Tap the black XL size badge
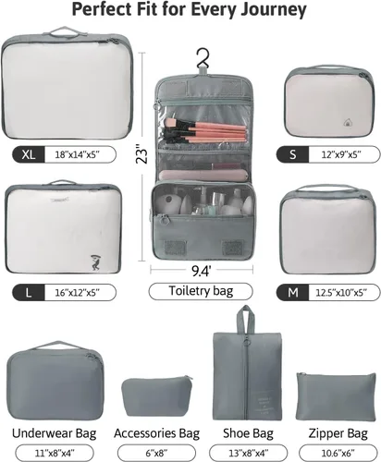29,154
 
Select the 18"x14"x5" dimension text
78,154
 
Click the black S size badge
292,154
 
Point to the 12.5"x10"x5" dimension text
341,292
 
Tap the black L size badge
29,292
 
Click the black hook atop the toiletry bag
203,58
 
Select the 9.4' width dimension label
202,271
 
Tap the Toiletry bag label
201,291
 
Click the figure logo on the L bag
96,262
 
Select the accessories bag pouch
156,396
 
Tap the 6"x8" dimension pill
156,453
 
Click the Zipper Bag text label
338,433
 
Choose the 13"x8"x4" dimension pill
249,453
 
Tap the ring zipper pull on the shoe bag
246,343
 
